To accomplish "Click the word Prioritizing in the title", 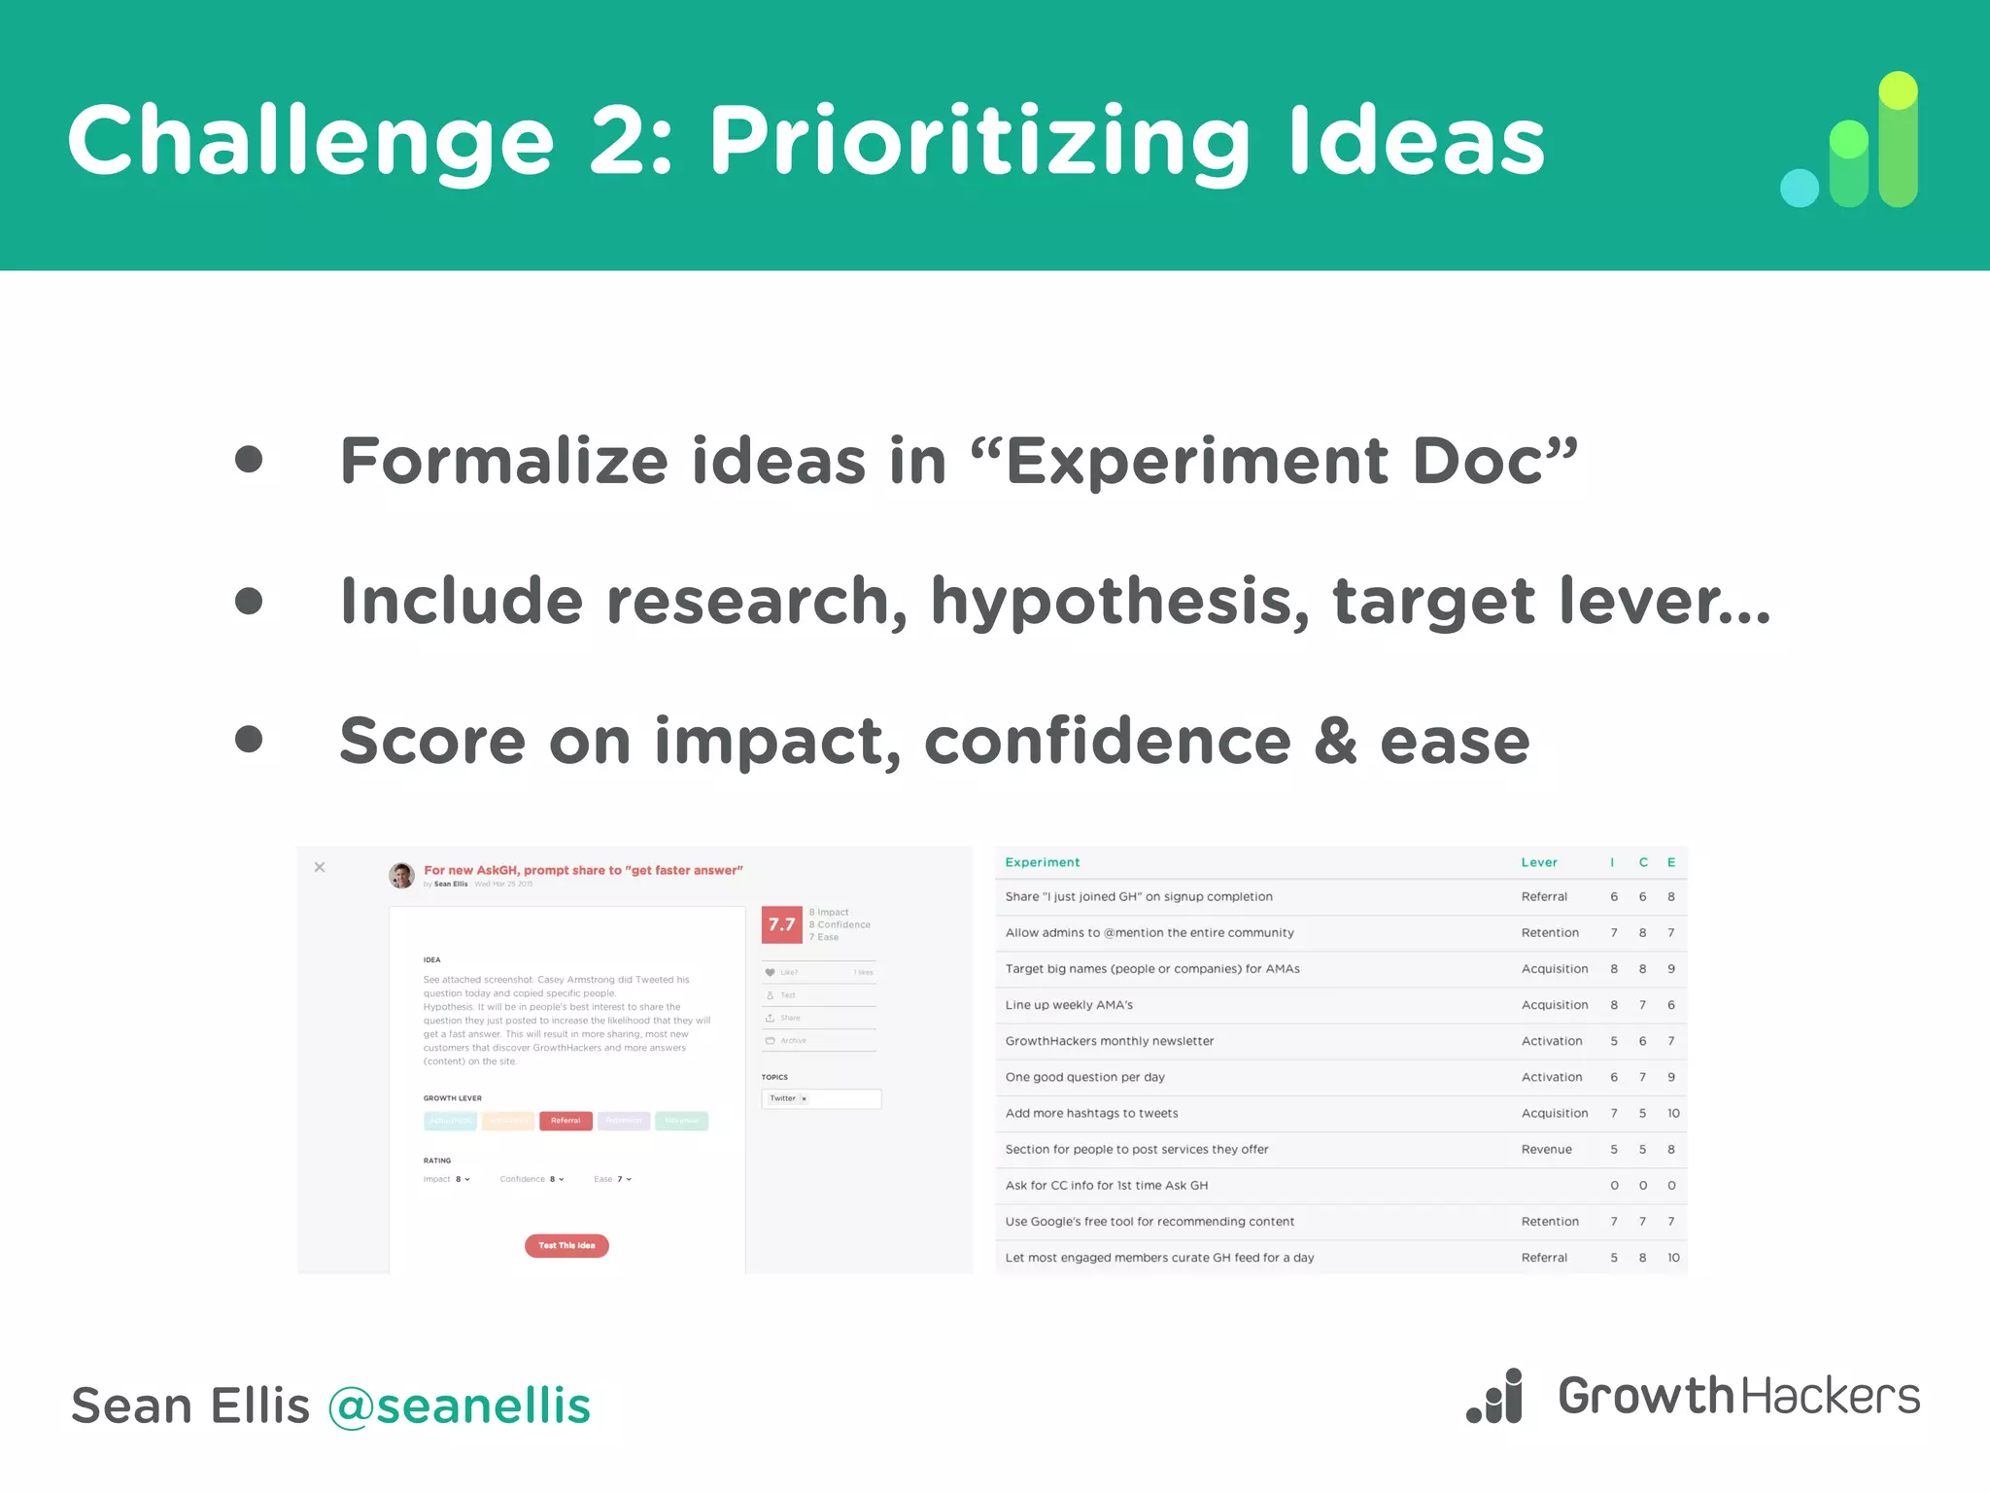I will (979, 143).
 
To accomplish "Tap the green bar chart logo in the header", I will (1850, 140).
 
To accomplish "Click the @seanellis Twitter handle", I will (459, 1406).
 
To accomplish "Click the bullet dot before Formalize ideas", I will (249, 460).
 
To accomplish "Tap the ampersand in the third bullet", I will (1335, 741).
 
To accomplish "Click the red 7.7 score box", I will (781, 924).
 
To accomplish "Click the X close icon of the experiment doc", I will (320, 867).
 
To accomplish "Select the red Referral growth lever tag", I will (566, 1121).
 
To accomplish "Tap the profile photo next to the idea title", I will (401, 875).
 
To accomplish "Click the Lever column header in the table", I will (1538, 862).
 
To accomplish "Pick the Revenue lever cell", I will (1546, 1149).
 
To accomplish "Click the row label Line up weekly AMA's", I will (1069, 1005).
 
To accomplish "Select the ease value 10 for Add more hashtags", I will (1672, 1113).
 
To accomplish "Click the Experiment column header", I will (1042, 862).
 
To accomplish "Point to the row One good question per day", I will (1084, 1077).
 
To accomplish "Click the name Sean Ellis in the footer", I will (190, 1406).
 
